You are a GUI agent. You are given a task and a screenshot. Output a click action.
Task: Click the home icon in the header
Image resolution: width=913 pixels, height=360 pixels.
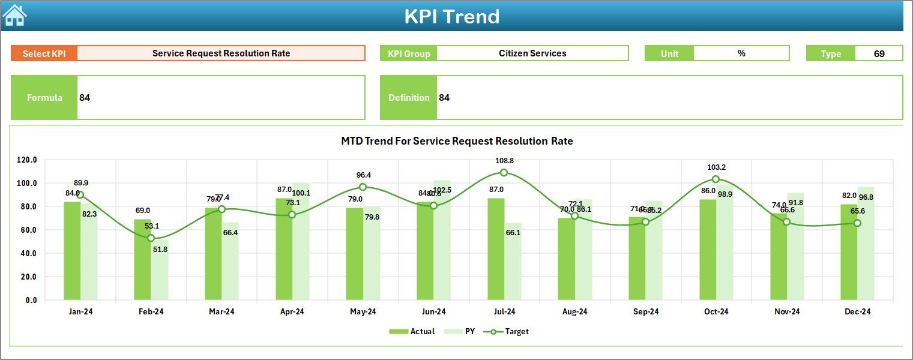click(x=14, y=16)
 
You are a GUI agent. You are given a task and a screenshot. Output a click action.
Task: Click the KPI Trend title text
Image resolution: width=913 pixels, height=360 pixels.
click(x=451, y=16)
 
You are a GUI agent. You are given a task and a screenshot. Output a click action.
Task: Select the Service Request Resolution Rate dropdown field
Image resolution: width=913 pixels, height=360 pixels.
click(x=221, y=53)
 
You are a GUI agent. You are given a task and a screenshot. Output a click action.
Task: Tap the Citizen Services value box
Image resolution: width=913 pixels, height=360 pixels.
click(x=532, y=53)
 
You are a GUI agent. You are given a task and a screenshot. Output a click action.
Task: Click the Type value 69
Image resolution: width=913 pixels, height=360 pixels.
click(x=879, y=53)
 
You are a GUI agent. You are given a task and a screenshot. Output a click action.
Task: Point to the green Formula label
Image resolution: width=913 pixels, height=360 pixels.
click(x=44, y=98)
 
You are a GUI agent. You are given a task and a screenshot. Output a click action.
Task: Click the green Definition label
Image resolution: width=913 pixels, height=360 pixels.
click(x=409, y=98)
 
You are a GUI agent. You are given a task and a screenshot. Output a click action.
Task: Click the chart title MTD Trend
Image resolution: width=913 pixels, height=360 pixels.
click(x=457, y=142)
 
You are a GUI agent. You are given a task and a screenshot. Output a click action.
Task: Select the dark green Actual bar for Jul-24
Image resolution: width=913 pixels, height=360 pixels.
click(x=496, y=249)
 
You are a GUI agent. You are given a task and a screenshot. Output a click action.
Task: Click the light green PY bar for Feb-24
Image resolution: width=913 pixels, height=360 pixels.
click(x=159, y=270)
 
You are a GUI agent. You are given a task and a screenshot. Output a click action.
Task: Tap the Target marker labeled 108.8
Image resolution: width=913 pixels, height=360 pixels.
click(x=504, y=173)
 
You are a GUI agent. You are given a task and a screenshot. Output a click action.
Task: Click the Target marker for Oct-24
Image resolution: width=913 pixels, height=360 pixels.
click(x=716, y=179)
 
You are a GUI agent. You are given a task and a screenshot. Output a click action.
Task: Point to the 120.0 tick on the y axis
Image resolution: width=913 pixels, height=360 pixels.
click(x=26, y=160)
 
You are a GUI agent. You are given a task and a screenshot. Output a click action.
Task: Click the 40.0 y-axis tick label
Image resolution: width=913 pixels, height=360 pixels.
click(x=26, y=253)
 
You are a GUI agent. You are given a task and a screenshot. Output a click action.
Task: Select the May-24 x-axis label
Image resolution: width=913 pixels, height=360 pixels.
click(x=363, y=311)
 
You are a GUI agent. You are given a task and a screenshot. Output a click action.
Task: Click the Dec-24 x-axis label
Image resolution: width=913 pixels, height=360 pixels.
click(x=857, y=311)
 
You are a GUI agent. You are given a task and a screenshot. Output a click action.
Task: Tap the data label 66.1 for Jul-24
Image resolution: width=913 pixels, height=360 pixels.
click(x=513, y=232)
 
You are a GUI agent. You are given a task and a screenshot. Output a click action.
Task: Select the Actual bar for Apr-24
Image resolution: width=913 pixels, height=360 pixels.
click(x=284, y=249)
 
